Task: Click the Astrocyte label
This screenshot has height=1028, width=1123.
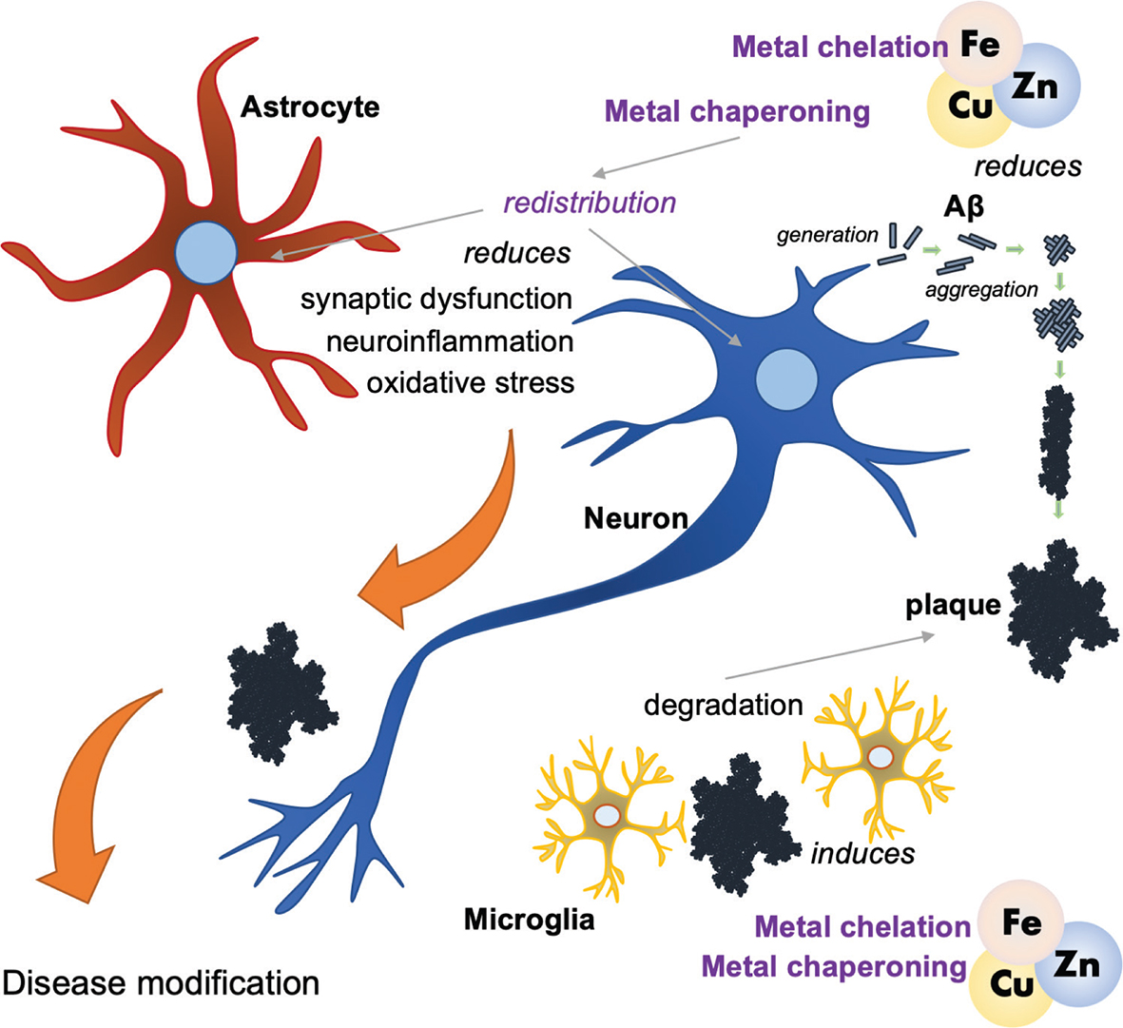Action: [x=309, y=106]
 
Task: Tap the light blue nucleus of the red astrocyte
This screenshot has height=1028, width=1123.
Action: [x=205, y=253]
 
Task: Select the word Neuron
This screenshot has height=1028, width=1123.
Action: [x=635, y=518]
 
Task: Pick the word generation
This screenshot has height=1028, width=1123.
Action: [x=827, y=234]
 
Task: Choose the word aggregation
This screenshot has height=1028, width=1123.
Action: [x=981, y=289]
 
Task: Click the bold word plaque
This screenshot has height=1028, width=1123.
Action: [x=952, y=605]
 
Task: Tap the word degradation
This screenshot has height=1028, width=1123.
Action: [x=723, y=705]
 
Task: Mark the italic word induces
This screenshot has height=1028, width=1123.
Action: [x=862, y=853]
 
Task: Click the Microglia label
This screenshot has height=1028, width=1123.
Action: [x=529, y=919]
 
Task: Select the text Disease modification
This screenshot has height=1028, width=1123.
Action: [x=162, y=981]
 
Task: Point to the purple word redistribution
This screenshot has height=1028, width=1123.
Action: [x=590, y=202]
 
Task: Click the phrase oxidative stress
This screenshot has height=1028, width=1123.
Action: [x=470, y=382]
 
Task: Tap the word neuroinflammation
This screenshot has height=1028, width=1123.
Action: [x=449, y=340]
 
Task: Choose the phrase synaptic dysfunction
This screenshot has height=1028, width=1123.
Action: [x=436, y=299]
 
